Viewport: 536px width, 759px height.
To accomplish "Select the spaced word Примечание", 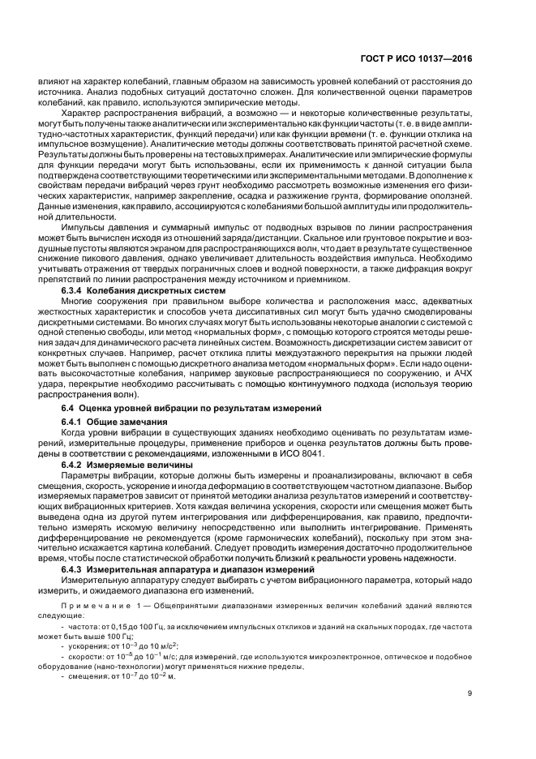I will click(x=95, y=605).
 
